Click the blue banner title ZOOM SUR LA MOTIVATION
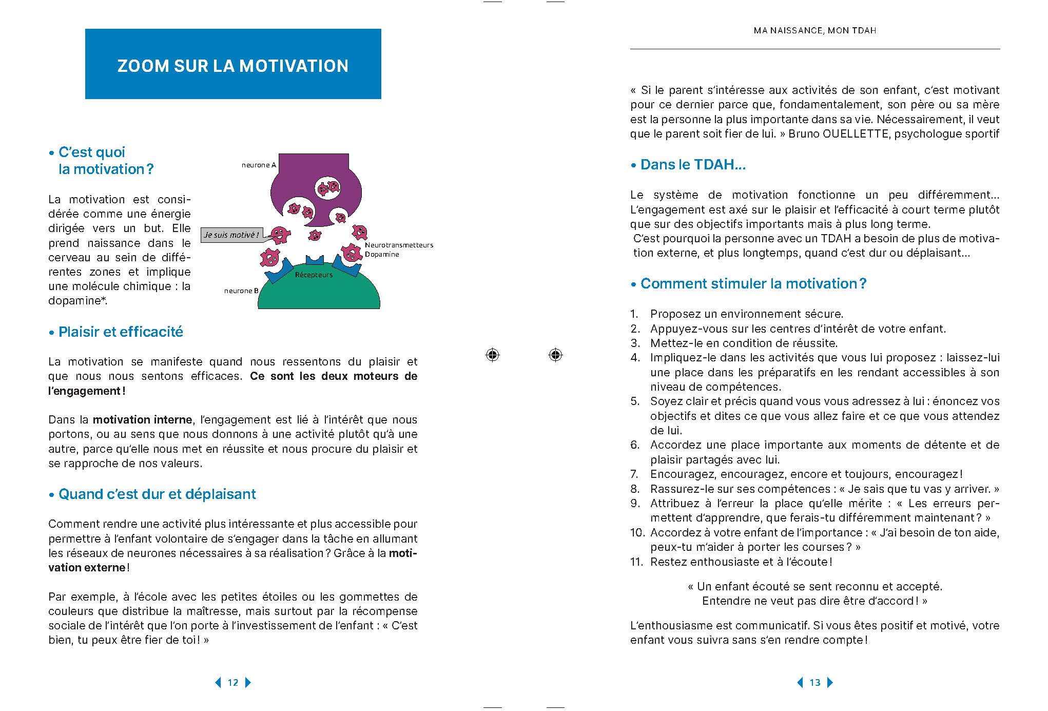click(x=232, y=66)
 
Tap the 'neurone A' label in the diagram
click(x=259, y=165)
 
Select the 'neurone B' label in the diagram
click(x=241, y=291)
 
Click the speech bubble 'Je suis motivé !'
click(x=231, y=235)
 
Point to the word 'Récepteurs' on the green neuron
click(x=314, y=275)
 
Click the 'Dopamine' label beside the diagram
click(x=382, y=254)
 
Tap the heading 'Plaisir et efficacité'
click(x=121, y=332)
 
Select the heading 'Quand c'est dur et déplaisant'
click(x=157, y=494)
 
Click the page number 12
click(x=233, y=682)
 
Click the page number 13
click(x=815, y=682)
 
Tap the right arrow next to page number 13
click(x=830, y=682)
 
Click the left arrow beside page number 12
click(x=218, y=682)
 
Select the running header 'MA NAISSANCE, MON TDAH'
click(x=815, y=31)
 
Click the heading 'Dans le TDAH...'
click(x=693, y=164)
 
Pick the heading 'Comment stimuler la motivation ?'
click(x=753, y=283)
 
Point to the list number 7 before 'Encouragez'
click(x=635, y=474)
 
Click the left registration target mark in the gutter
click(x=492, y=355)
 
